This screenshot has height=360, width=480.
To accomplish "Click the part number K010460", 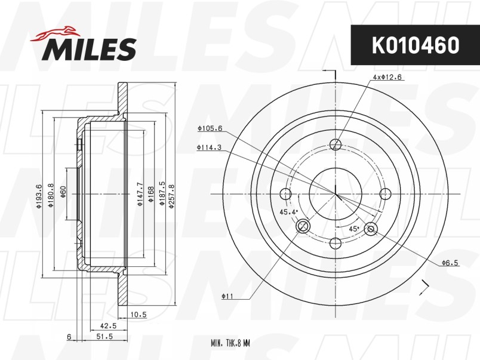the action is pos(416,45).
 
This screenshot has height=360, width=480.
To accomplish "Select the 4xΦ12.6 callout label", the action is pos(387,78).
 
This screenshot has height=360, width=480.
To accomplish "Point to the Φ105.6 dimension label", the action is pos(210,128).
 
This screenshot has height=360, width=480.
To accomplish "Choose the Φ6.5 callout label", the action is pos(450,263).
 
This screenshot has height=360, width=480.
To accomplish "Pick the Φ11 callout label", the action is pos(227,296).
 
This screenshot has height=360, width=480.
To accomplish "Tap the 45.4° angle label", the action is pos(289,212).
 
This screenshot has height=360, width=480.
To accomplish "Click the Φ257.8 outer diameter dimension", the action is pos(171,196).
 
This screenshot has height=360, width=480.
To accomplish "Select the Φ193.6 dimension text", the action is pos(39,196).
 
